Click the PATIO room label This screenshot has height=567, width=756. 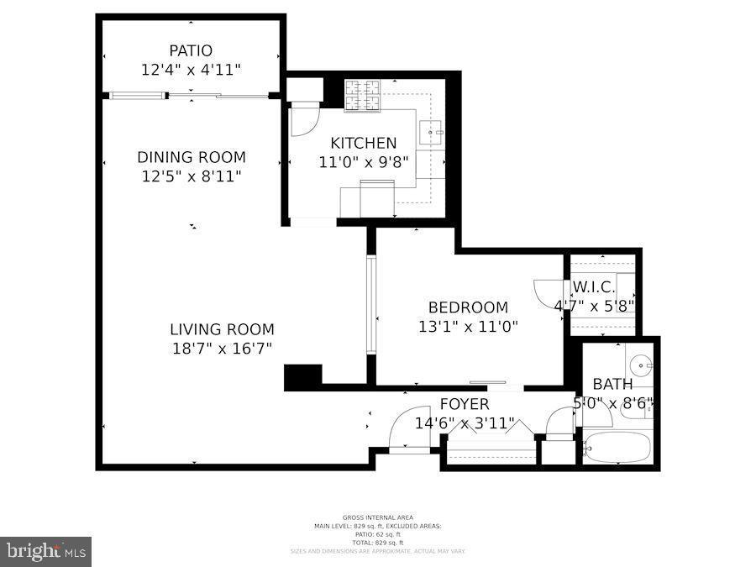[191, 50]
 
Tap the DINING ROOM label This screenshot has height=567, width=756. [192, 157]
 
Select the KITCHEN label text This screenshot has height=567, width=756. [363, 143]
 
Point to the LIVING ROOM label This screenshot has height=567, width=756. [222, 330]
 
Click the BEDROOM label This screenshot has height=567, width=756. [468, 307]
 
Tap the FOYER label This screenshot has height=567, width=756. [464, 405]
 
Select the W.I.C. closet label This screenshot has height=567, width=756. [594, 286]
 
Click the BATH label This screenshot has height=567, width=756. [612, 384]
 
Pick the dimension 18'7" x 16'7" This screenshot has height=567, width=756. [222, 349]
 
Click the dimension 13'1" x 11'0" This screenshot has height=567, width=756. [468, 327]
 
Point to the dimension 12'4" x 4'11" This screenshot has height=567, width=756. [191, 71]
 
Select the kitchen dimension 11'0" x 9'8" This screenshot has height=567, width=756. [363, 162]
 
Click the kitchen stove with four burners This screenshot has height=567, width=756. [363, 95]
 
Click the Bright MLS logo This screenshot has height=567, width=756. [46, 552]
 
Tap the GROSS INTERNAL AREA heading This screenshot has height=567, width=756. [377, 517]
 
